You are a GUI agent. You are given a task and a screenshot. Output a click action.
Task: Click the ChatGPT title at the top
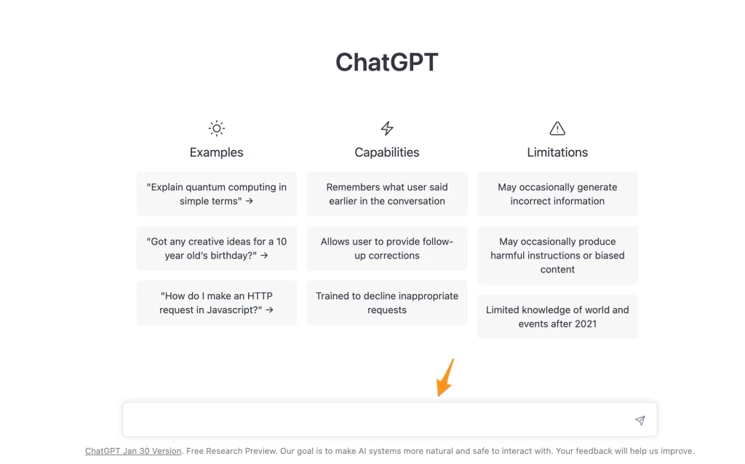386,63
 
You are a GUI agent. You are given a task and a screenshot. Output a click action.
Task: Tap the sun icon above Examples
216,129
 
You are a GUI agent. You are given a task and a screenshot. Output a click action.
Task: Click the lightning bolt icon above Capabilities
387,129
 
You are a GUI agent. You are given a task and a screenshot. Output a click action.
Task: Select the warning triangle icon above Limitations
557,129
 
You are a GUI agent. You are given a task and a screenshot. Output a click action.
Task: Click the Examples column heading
216,152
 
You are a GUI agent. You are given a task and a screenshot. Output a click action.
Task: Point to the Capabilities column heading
387,152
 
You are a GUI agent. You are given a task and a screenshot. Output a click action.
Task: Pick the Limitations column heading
557,152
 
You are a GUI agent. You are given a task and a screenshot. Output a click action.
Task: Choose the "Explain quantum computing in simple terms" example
216,194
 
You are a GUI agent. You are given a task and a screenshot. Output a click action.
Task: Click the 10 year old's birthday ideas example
216,248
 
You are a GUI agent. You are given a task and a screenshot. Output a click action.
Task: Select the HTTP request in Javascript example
216,303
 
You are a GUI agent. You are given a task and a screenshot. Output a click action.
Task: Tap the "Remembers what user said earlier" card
387,194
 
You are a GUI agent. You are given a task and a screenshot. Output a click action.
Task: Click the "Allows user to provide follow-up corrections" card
387,248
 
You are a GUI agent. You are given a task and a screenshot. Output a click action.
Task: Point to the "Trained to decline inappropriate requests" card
387,303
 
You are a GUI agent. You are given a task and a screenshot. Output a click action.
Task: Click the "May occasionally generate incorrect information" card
557,194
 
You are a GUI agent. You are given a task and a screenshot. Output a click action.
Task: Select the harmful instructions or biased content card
557,255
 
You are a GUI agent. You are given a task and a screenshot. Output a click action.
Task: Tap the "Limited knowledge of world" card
557,317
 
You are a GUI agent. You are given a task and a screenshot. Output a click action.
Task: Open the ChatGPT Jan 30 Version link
133,451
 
